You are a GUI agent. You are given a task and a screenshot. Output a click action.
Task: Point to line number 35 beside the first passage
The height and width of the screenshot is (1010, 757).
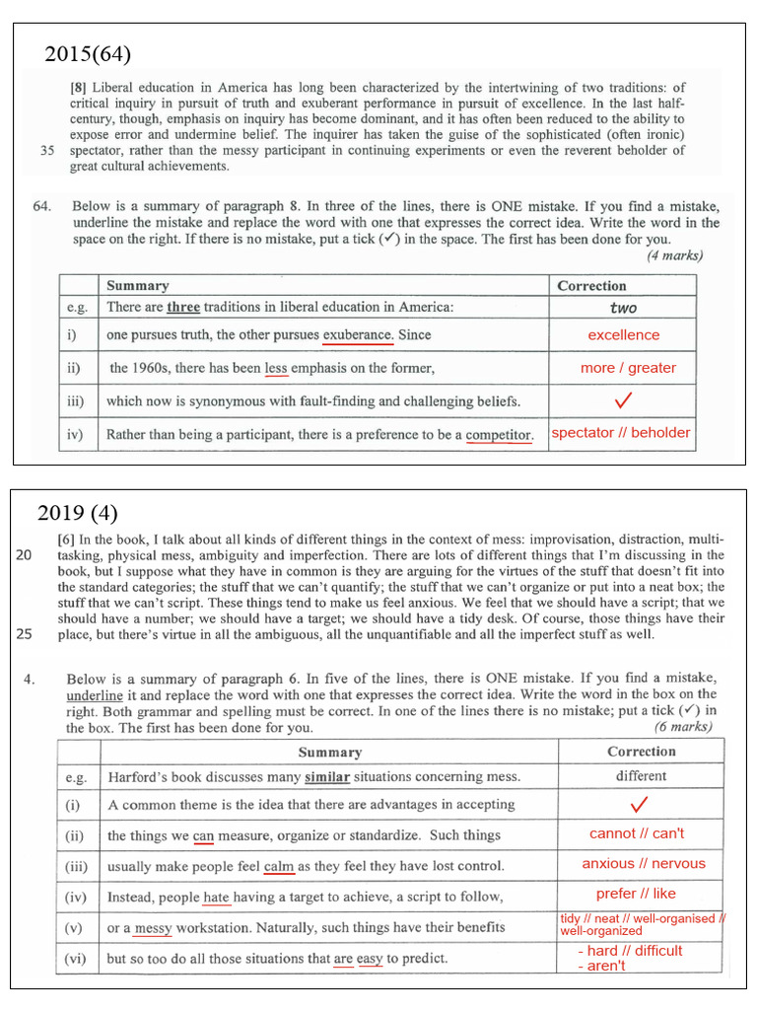[x=47, y=151]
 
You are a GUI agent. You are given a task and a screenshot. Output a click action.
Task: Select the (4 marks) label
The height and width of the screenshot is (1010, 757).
[x=675, y=255]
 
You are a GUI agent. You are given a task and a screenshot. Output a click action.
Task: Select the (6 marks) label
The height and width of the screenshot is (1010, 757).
[x=682, y=728]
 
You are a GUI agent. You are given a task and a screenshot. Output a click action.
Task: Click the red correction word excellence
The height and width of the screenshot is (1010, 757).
[x=623, y=335]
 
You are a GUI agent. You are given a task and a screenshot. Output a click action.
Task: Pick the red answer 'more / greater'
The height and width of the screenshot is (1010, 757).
[x=628, y=368]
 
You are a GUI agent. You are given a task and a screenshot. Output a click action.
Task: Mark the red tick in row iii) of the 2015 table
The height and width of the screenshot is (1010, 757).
[x=623, y=400]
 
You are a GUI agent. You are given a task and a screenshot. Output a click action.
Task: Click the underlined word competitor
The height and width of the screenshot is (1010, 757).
[x=499, y=434]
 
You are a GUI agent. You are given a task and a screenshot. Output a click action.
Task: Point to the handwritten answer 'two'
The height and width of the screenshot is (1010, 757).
[x=623, y=308]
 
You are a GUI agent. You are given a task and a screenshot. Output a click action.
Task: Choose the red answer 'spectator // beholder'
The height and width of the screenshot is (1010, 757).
[x=621, y=433]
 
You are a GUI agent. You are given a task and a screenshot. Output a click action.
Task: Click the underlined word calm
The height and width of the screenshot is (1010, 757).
[x=280, y=866]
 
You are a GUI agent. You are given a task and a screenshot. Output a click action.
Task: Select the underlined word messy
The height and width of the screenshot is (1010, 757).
[x=153, y=927]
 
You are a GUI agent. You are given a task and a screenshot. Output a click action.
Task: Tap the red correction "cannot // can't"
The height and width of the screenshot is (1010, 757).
[x=637, y=833]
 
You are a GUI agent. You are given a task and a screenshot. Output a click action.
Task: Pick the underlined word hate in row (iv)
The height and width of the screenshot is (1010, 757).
[x=216, y=897]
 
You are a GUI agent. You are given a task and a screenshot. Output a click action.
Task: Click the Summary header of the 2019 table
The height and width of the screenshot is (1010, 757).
[x=330, y=752]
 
